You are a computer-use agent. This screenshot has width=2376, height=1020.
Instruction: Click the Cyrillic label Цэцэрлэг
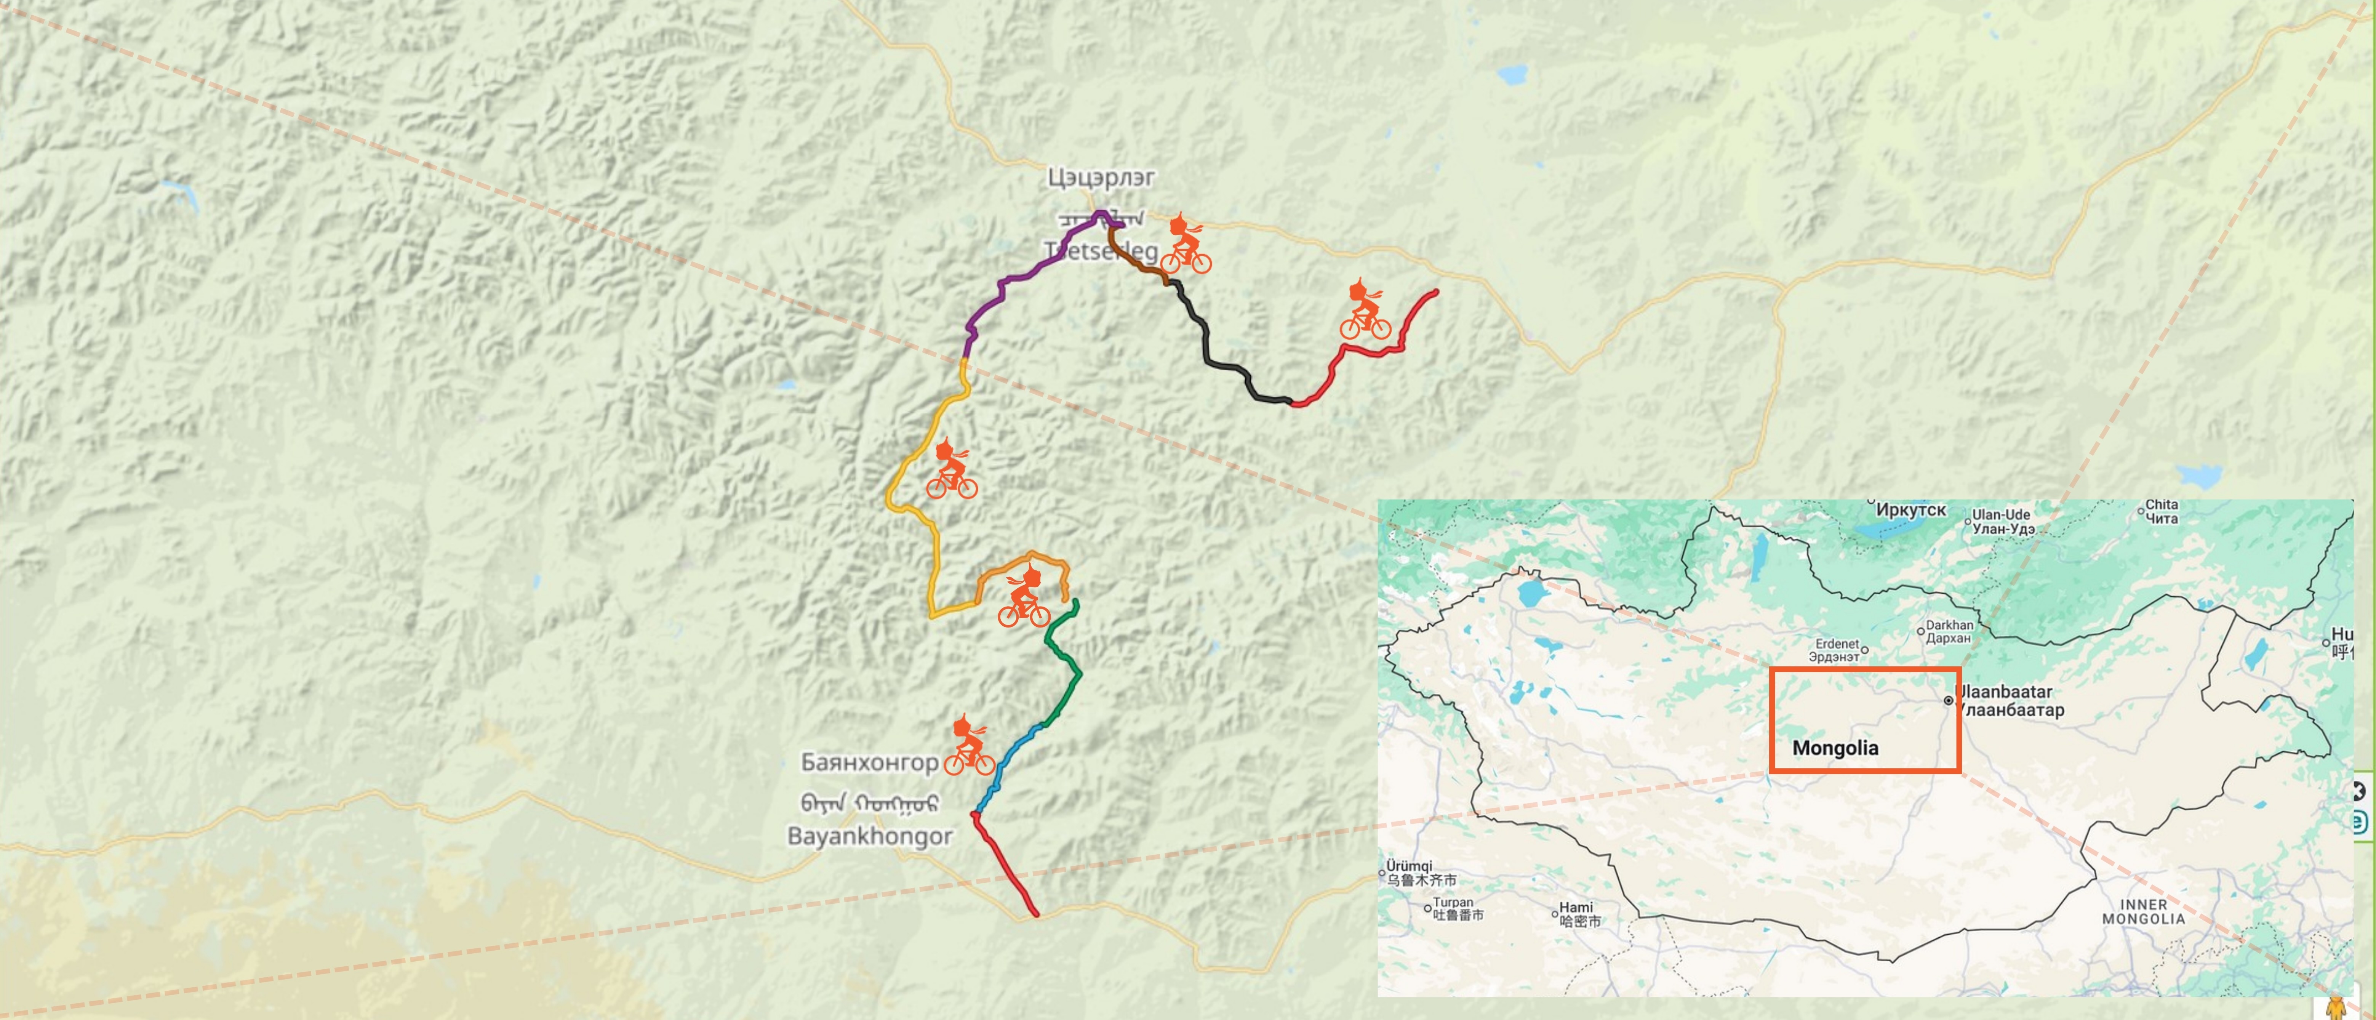(x=1100, y=177)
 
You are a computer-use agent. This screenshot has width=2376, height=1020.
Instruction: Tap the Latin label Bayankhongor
(x=870, y=836)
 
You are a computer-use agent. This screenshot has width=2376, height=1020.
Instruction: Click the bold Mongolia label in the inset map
(x=1835, y=748)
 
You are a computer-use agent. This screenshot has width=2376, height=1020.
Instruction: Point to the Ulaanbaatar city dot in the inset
(x=1948, y=701)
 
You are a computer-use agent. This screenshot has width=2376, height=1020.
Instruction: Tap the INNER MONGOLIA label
(x=2144, y=911)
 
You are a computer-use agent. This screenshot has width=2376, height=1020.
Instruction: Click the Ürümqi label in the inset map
(x=1410, y=867)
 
